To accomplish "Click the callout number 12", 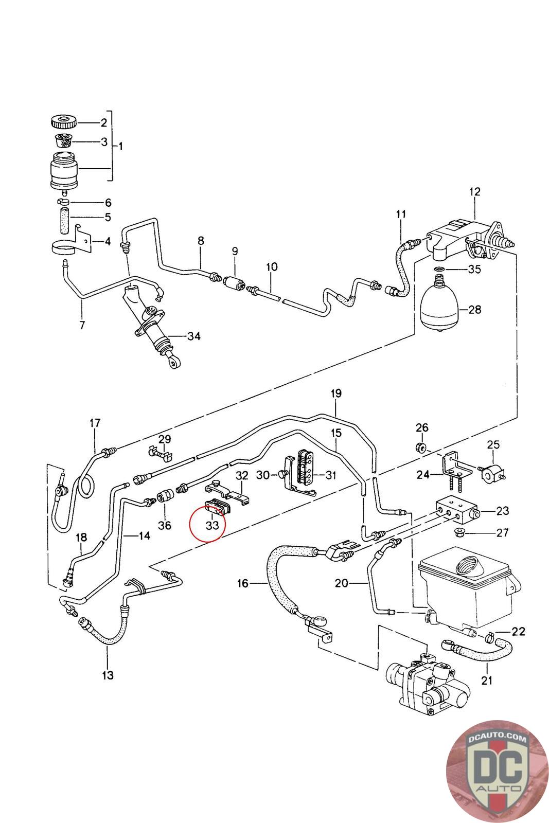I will [474, 192].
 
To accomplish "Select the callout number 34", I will [193, 336].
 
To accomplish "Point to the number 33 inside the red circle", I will [212, 526].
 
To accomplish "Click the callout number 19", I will [335, 393].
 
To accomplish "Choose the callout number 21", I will [487, 680].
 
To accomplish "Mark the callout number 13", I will [108, 674].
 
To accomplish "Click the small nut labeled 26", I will [420, 446].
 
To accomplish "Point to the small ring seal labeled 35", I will [439, 269].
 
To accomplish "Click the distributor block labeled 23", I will [455, 511].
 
